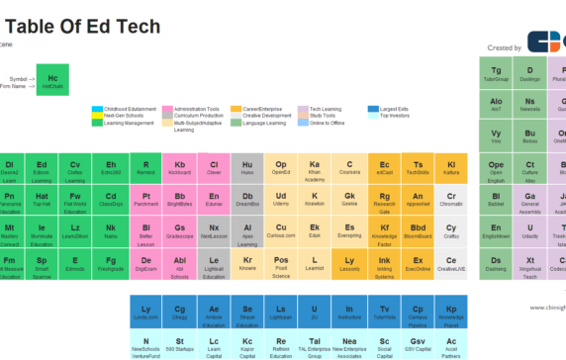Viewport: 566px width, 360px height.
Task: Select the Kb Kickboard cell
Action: [x=179, y=168]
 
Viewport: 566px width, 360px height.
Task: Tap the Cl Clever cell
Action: [x=213, y=168]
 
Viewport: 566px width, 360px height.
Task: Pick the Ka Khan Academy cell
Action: [x=315, y=169]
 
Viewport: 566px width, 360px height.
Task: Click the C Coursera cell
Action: [x=348, y=168]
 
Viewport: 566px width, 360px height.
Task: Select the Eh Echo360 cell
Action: [x=111, y=168]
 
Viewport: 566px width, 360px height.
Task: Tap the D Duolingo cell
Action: [x=530, y=74]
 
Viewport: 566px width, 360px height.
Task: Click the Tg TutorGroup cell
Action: [x=497, y=74]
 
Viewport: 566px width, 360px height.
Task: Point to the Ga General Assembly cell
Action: [x=530, y=201]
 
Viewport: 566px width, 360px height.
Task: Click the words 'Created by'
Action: [x=505, y=46]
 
